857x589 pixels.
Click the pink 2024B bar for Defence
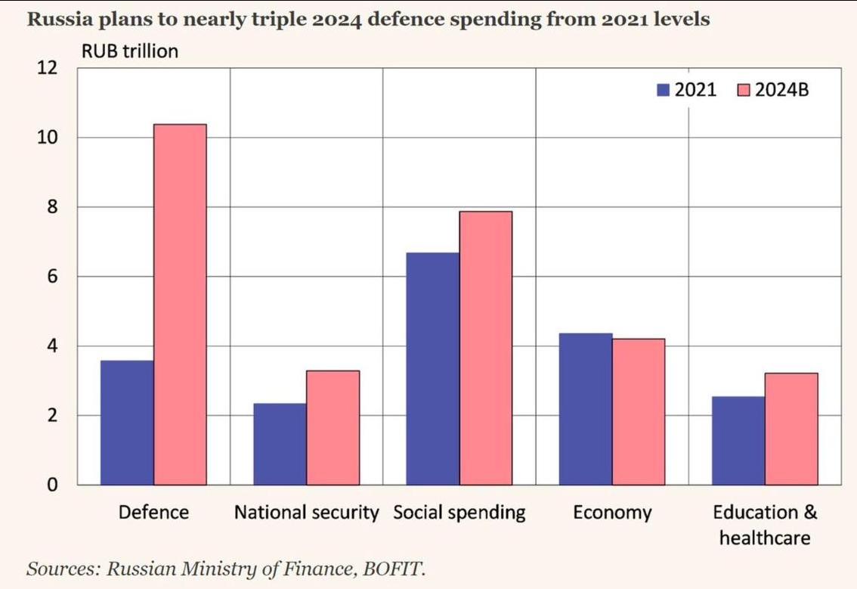click(180, 304)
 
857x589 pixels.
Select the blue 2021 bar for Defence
click(127, 423)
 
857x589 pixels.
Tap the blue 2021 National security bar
click(280, 444)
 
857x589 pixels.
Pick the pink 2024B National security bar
click(333, 427)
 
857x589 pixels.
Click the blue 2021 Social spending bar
click(432, 368)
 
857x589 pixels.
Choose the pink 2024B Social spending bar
click(485, 348)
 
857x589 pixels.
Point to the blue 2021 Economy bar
click(586, 408)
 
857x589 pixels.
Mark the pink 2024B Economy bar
click(639, 411)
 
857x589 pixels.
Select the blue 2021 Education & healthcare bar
click(738, 440)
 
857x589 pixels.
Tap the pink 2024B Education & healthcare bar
click(791, 429)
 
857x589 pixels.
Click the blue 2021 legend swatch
click(664, 90)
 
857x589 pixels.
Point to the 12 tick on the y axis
click(47, 68)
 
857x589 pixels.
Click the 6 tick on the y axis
click(51, 277)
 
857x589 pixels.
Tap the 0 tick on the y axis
click(51, 485)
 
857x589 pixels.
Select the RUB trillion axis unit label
click(129, 51)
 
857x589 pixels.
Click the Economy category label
click(612, 513)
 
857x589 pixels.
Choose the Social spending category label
click(459, 513)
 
